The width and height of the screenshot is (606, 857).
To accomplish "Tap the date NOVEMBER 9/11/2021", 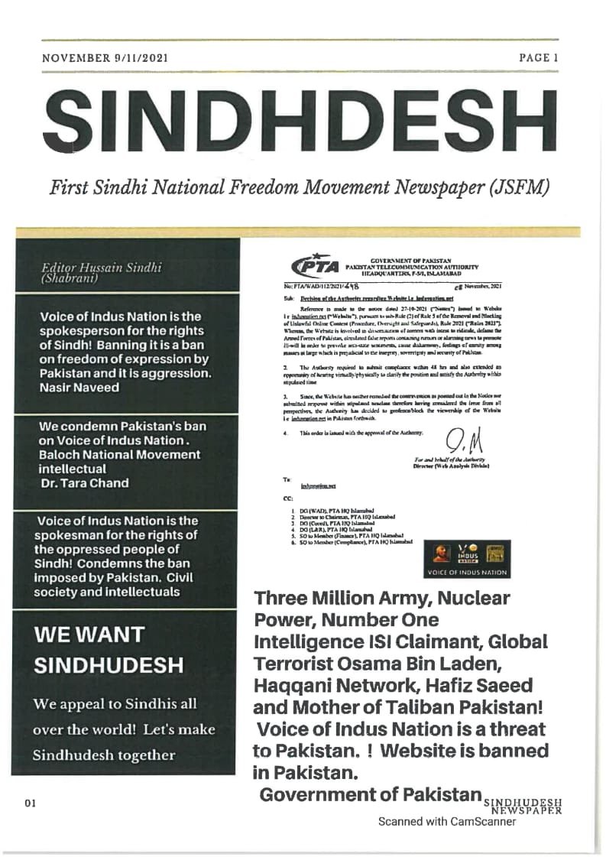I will (x=105, y=57).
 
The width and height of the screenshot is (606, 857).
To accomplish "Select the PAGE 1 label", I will (x=539, y=57).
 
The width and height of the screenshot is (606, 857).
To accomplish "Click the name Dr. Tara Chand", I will (x=84, y=483).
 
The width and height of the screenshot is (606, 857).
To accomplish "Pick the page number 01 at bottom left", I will (x=31, y=803).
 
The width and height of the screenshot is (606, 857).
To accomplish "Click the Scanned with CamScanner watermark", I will (x=447, y=822).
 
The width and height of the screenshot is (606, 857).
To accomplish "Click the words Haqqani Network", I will (x=332, y=685).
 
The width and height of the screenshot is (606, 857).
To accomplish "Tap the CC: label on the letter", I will (x=288, y=496).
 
